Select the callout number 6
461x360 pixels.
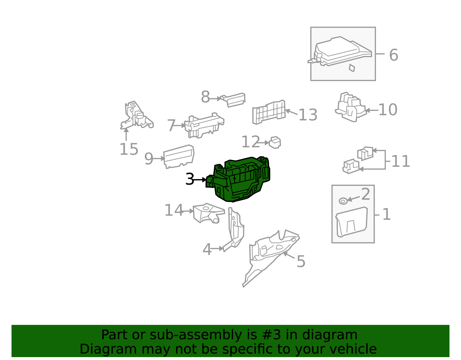click(x=394, y=55)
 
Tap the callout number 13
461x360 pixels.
click(x=308, y=115)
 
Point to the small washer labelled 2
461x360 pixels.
click(x=343, y=201)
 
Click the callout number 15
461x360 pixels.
click(x=129, y=149)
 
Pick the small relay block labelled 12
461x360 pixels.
click(x=275, y=142)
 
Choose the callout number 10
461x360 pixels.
click(x=388, y=110)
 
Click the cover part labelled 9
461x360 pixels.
click(x=179, y=157)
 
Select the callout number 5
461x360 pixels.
click(x=301, y=261)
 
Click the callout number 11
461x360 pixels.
click(x=400, y=161)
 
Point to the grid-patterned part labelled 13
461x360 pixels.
click(x=269, y=112)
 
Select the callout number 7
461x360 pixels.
click(x=171, y=125)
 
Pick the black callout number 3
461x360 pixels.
click(x=190, y=179)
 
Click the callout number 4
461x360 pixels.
click(x=207, y=249)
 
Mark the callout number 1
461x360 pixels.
click(x=386, y=214)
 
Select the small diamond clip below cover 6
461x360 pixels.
click(x=352, y=68)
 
